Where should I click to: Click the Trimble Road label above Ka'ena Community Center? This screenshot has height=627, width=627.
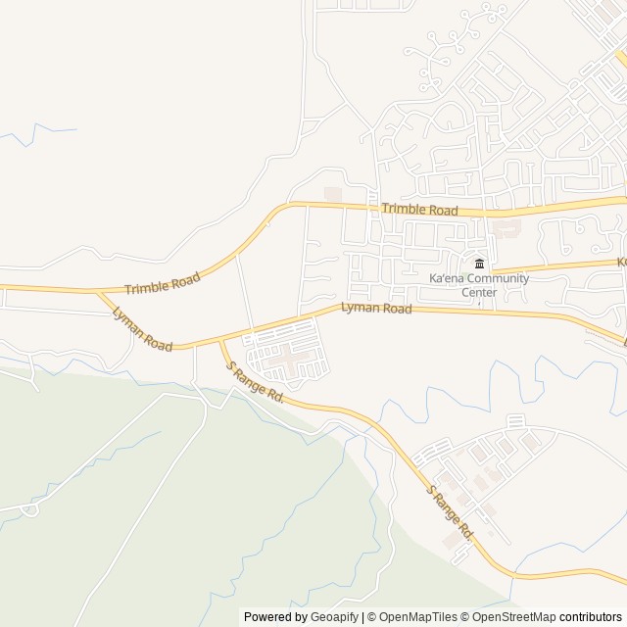tap(419, 210)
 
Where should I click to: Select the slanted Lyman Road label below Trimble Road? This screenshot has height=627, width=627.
tap(142, 329)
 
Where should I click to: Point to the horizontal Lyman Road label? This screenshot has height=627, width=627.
tap(376, 308)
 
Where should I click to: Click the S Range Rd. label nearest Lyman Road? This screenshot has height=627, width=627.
tap(255, 383)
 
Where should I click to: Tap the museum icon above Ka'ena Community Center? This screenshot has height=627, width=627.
tap(479, 265)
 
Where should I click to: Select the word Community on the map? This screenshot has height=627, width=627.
tap(499, 279)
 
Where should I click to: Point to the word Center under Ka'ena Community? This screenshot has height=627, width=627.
tap(479, 292)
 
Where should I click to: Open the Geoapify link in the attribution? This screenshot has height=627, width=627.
tap(334, 617)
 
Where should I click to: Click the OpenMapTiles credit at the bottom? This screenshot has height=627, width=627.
tap(412, 617)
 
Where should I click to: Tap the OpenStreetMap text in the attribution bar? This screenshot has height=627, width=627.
tap(512, 617)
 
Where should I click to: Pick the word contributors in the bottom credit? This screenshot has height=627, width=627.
tap(592, 617)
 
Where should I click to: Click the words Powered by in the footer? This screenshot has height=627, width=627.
tap(276, 617)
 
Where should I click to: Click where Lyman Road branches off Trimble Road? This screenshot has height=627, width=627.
tap(98, 292)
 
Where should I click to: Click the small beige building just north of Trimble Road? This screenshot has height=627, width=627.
tap(333, 194)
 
